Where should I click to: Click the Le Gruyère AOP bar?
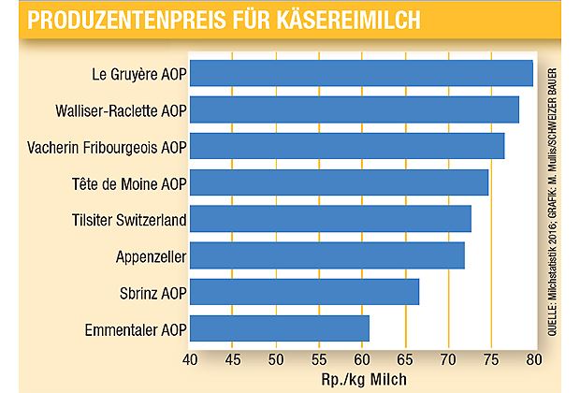pyautogui.click(x=361, y=73)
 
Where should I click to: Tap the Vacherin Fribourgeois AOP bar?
pyautogui.click(x=347, y=146)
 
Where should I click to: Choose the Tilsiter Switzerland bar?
pyautogui.click(x=330, y=219)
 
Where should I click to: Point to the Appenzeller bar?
pyautogui.click(x=327, y=255)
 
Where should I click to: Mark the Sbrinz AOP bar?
pyautogui.click(x=304, y=292)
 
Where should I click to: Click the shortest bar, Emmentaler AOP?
pyautogui.click(x=280, y=328)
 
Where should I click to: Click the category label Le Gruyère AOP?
pyautogui.click(x=137, y=74)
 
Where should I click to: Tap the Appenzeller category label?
pyautogui.click(x=147, y=256)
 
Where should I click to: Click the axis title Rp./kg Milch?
pyautogui.click(x=361, y=378)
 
